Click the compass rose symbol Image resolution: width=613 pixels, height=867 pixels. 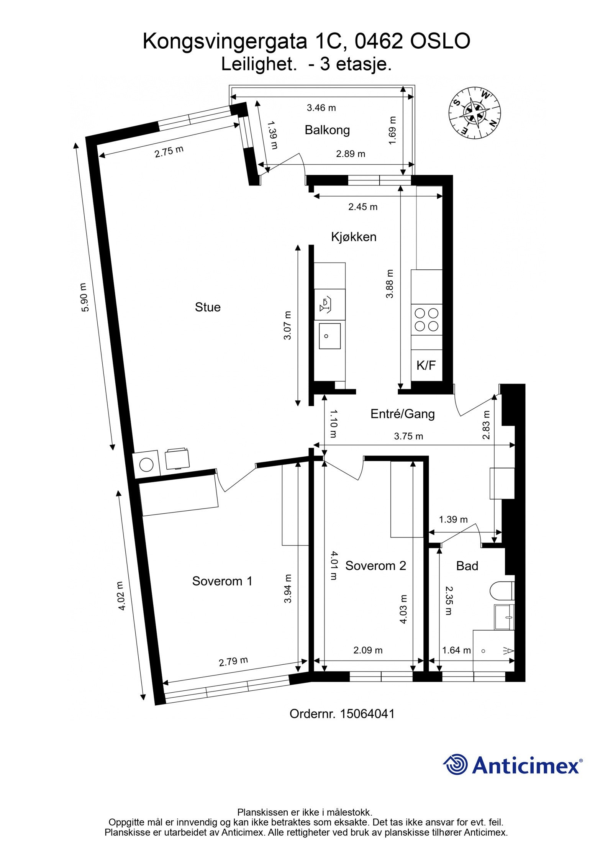click(x=475, y=113)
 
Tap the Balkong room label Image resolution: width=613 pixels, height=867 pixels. click(x=327, y=130)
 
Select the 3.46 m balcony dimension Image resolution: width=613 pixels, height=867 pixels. click(x=321, y=108)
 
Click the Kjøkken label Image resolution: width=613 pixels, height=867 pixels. click(x=353, y=237)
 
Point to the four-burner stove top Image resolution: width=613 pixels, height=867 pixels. click(x=426, y=320)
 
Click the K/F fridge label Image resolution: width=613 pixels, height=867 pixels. click(x=426, y=365)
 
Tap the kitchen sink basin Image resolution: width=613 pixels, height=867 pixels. click(x=329, y=336)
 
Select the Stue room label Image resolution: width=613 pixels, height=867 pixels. click(x=208, y=307)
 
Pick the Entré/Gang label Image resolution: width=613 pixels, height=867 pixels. click(x=402, y=414)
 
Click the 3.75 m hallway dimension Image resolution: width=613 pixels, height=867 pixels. click(x=408, y=436)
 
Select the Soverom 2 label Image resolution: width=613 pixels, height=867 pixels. click(x=375, y=566)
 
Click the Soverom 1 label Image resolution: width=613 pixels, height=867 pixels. click(x=222, y=581)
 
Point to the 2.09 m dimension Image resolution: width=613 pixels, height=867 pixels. click(x=368, y=650)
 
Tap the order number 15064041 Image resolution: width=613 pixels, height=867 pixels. click(x=367, y=714)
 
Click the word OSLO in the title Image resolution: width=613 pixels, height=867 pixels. click(x=440, y=41)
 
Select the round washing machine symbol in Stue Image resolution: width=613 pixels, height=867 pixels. click(x=146, y=465)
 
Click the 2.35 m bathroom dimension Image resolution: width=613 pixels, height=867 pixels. click(x=448, y=600)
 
